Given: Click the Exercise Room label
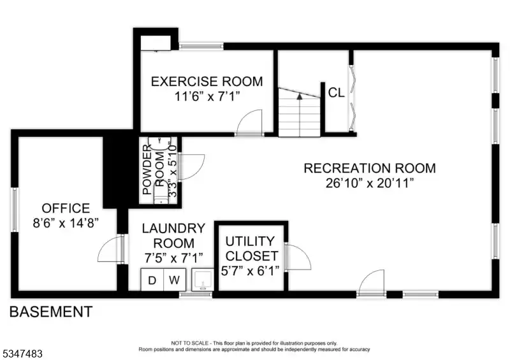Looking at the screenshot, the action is pos(207,82).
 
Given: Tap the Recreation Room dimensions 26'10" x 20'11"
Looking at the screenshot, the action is pos(370,183).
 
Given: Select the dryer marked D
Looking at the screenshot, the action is pos(152,280).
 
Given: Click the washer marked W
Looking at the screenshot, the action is pos(174,280).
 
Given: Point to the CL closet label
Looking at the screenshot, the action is pos(337,92).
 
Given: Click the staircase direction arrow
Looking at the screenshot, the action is pos(300,96).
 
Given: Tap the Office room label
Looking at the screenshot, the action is pos(66,208).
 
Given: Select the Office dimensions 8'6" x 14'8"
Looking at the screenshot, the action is pos(66,223).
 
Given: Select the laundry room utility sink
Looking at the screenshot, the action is pos(203,279).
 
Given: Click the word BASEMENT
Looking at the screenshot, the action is pos(51,312).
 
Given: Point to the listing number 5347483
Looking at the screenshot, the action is pos(22,353).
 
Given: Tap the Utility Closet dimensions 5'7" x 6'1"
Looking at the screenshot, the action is pos(250,271).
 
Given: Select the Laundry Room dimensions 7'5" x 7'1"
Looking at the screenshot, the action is pos(173,258).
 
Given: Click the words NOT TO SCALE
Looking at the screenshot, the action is pos(189,343).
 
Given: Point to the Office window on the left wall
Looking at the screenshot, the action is pos(15,210).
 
